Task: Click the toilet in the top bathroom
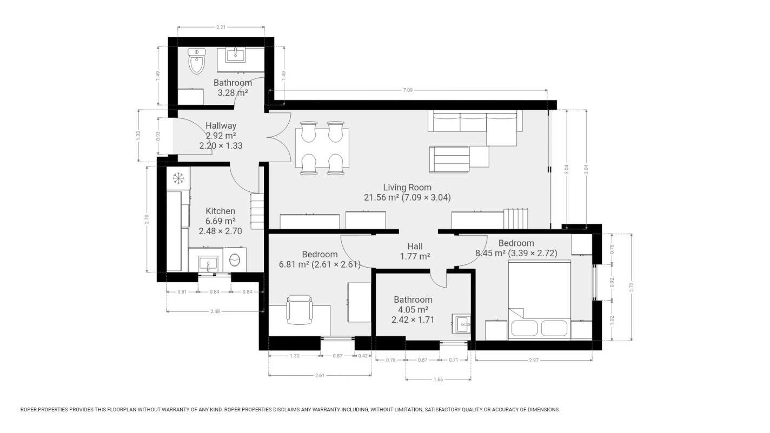click(x=197, y=62)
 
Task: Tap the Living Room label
click(x=407, y=188)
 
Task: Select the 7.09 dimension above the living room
click(x=408, y=90)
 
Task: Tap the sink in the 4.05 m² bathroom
click(x=463, y=324)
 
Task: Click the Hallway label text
click(x=221, y=126)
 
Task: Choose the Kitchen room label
click(x=220, y=211)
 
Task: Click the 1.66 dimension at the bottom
click(x=438, y=379)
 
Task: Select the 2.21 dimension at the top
click(x=221, y=26)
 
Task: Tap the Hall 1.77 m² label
click(x=415, y=251)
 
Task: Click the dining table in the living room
click(x=322, y=148)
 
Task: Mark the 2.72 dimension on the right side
click(x=632, y=288)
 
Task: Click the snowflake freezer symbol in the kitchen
click(x=178, y=177)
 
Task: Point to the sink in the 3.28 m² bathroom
click(x=235, y=55)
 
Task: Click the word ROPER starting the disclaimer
click(x=30, y=410)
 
